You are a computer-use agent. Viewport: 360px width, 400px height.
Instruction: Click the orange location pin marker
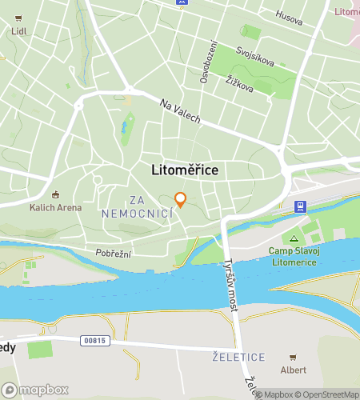click(x=181, y=199)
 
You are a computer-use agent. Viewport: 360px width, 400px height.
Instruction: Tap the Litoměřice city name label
click(x=186, y=170)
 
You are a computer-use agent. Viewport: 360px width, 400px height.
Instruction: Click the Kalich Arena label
click(x=55, y=208)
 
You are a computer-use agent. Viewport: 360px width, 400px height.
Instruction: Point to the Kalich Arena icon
click(x=55, y=194)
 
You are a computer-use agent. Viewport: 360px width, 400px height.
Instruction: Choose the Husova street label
click(x=289, y=14)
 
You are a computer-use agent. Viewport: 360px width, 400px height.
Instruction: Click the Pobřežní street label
click(x=114, y=253)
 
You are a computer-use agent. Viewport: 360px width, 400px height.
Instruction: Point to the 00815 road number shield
click(x=94, y=341)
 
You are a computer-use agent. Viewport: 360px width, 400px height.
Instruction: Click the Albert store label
click(x=293, y=370)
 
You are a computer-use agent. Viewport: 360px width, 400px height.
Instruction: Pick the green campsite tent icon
click(x=294, y=238)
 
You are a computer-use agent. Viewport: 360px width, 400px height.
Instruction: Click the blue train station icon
click(x=300, y=206)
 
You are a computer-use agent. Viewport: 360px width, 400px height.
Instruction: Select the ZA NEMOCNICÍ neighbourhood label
click(x=138, y=206)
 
